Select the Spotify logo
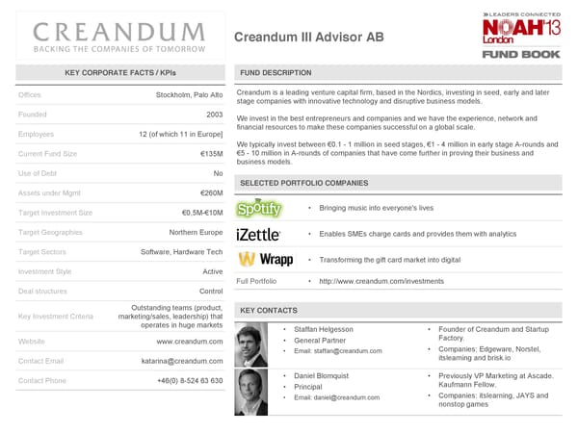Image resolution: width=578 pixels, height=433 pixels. pyautogui.click(x=259, y=209)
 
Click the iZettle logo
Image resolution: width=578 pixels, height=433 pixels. pyautogui.click(x=258, y=235)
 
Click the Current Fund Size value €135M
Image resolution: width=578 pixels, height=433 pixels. pyautogui.click(x=211, y=154)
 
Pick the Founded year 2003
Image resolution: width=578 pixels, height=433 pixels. pyautogui.click(x=215, y=114)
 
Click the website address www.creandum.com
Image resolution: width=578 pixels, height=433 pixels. pyautogui.click(x=190, y=342)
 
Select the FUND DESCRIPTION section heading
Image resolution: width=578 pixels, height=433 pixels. pyautogui.click(x=275, y=73)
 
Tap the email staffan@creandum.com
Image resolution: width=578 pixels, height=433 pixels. pyautogui.click(x=338, y=352)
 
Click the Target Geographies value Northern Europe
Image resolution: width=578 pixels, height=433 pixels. pyautogui.click(x=196, y=232)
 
